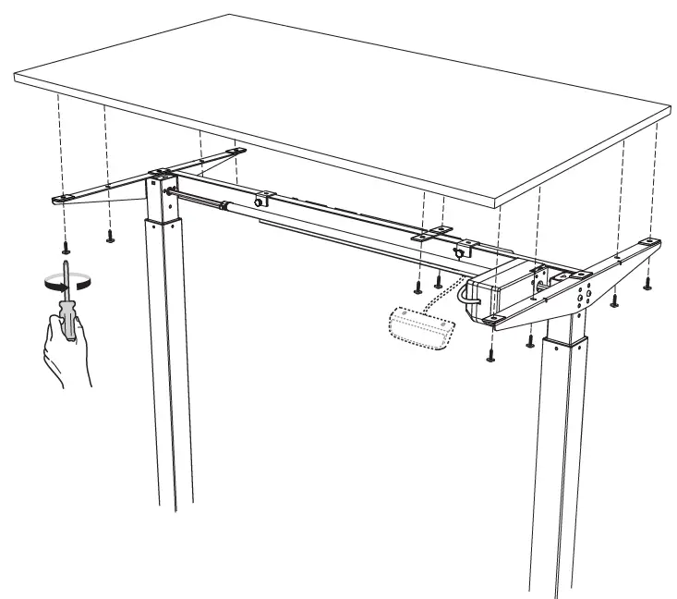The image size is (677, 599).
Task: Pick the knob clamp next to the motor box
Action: coord(459,251)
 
